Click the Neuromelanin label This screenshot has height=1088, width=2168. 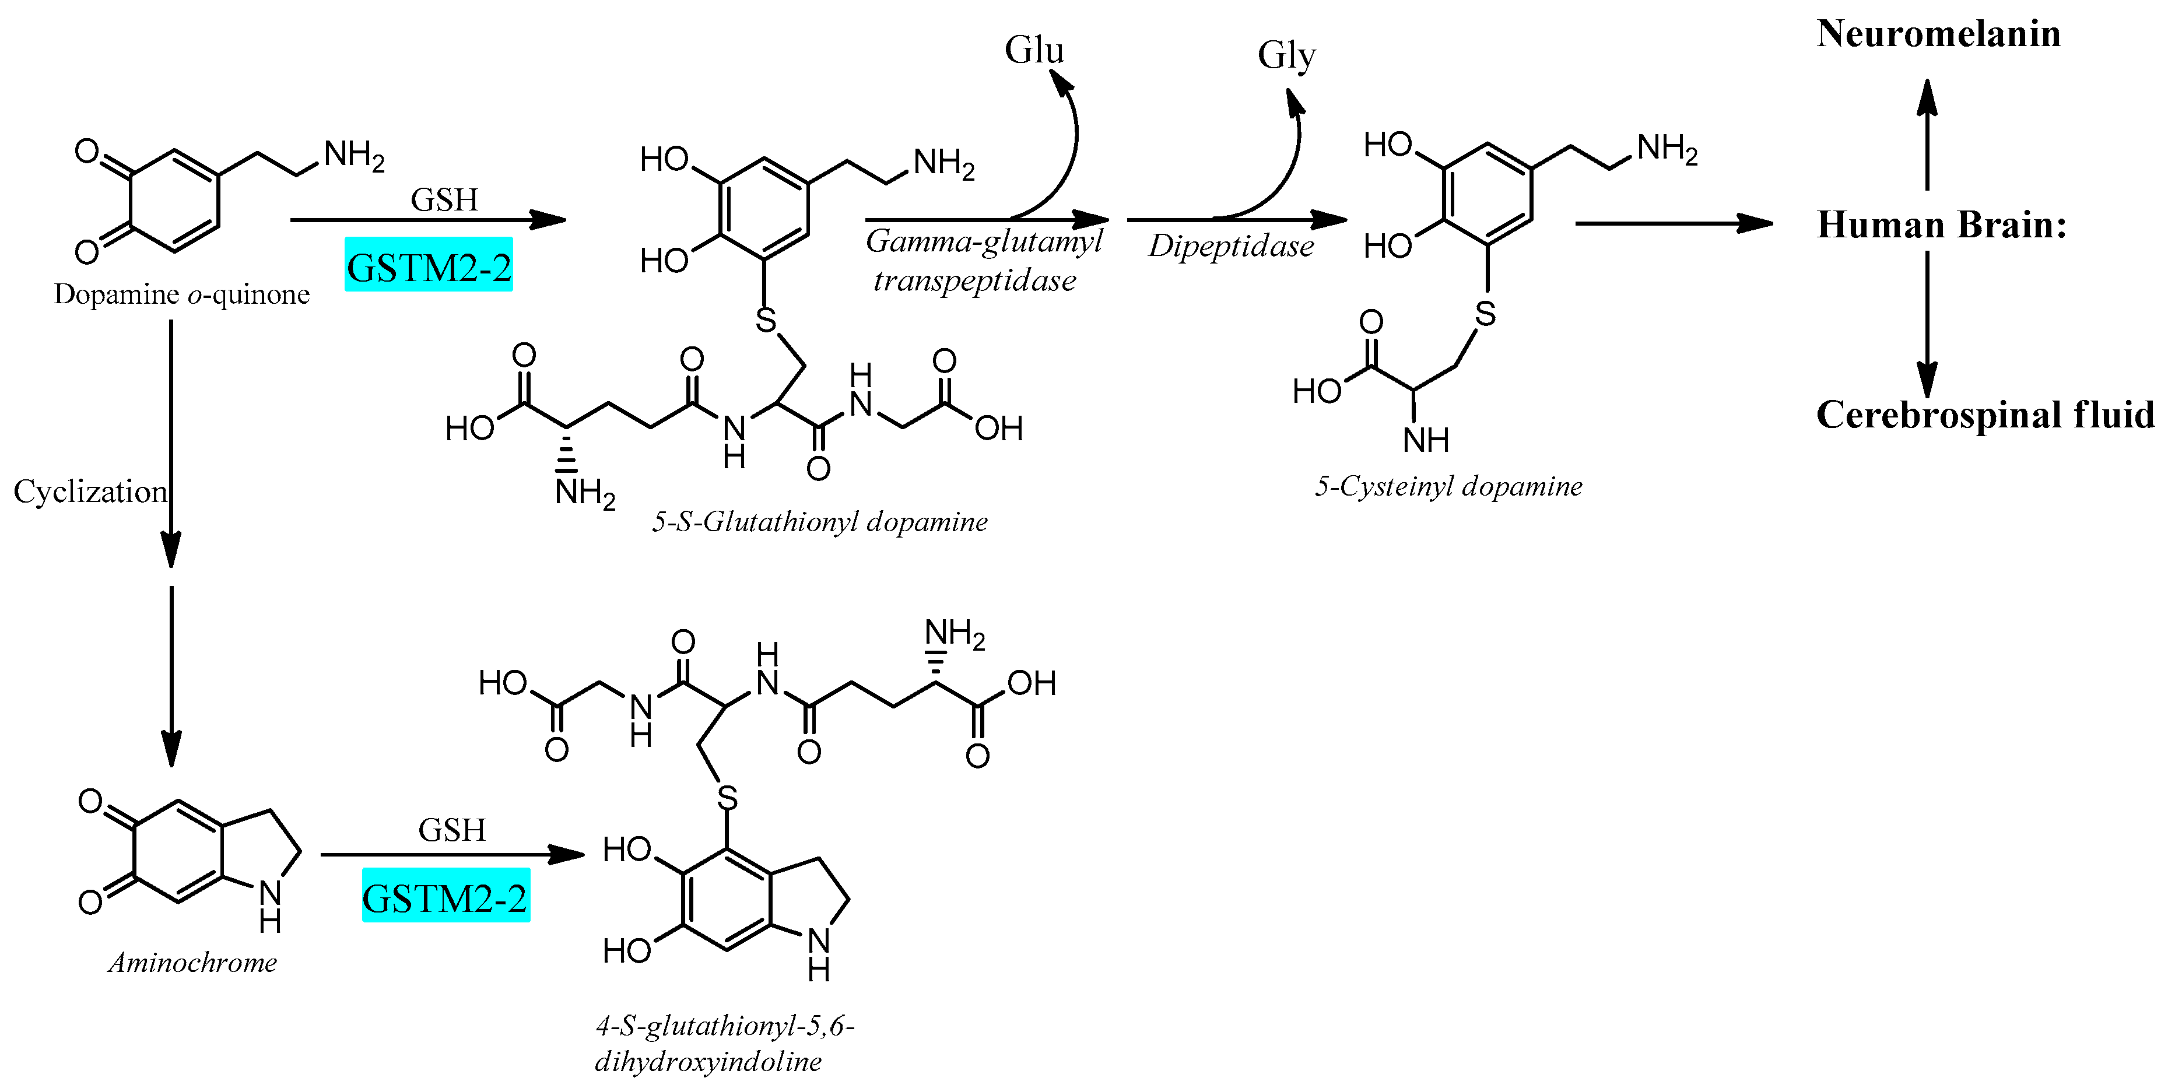pyautogui.click(x=1938, y=34)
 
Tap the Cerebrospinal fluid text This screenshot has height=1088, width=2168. pyautogui.click(x=1984, y=415)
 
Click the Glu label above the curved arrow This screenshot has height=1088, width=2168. pyautogui.click(x=1034, y=51)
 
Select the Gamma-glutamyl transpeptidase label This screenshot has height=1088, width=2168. pyautogui.click(x=981, y=260)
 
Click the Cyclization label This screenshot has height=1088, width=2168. pyautogui.click(x=90, y=492)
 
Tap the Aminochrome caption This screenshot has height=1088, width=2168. pyautogui.click(x=193, y=962)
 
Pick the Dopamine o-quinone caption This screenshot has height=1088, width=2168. pyautogui.click(x=182, y=294)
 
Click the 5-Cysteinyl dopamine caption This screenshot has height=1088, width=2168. pyautogui.click(x=1448, y=486)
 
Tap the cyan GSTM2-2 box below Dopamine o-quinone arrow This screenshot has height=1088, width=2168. pyautogui.click(x=429, y=266)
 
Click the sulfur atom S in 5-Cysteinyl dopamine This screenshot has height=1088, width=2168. pyautogui.click(x=1485, y=314)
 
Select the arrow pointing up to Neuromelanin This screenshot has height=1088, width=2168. pyautogui.click(x=1927, y=135)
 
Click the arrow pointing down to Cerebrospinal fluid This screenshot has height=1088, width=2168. pyautogui.click(x=1927, y=324)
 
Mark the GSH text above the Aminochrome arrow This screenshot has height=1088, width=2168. pyautogui.click(x=452, y=830)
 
